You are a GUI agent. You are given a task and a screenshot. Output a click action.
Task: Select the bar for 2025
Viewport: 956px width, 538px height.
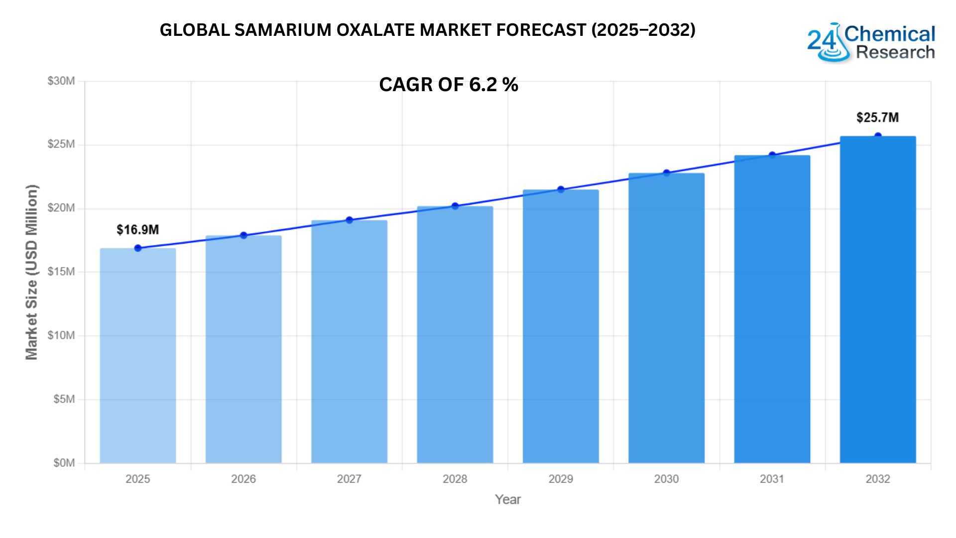138,356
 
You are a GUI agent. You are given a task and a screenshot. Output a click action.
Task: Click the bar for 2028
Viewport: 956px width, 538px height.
455,335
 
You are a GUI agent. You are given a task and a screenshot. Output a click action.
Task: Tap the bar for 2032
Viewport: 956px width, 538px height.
878,299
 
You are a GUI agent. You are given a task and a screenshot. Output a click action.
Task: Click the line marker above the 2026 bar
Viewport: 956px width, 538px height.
243,236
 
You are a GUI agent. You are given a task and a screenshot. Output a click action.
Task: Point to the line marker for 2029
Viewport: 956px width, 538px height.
561,189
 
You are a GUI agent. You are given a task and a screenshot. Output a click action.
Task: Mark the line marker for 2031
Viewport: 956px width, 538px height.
772,155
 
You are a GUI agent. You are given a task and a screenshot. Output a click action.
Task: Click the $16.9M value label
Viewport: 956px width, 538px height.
138,230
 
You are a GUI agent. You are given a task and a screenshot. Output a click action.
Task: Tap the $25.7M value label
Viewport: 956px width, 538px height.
877,118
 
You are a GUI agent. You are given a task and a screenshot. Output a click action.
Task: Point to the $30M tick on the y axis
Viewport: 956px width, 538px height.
61,81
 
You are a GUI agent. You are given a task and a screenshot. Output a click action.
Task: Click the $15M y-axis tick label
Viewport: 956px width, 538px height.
61,272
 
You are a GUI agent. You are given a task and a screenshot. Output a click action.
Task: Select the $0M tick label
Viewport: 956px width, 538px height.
64,463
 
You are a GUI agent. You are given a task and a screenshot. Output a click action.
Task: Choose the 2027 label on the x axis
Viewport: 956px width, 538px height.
349,479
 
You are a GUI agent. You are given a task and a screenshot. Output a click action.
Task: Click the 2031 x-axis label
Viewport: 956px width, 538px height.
772,479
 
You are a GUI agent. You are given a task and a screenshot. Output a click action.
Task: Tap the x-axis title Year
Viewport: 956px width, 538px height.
508,500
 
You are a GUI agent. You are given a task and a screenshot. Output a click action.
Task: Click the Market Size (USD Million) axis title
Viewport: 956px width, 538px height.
32,272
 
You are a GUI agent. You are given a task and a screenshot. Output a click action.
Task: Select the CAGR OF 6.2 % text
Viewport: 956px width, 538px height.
449,85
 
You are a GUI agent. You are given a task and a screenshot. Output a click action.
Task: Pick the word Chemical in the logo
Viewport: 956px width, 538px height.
890,34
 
